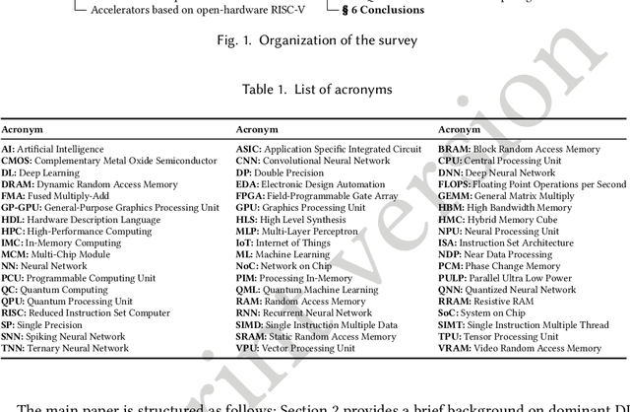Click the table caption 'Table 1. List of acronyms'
pyautogui.click(x=315, y=89)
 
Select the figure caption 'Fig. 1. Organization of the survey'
pyautogui.click(x=313, y=42)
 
